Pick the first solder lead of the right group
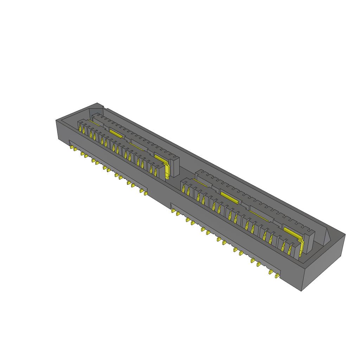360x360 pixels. pos(173,211)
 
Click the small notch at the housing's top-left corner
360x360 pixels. pos(102,107)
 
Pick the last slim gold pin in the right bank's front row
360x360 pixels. pos(290,249)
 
